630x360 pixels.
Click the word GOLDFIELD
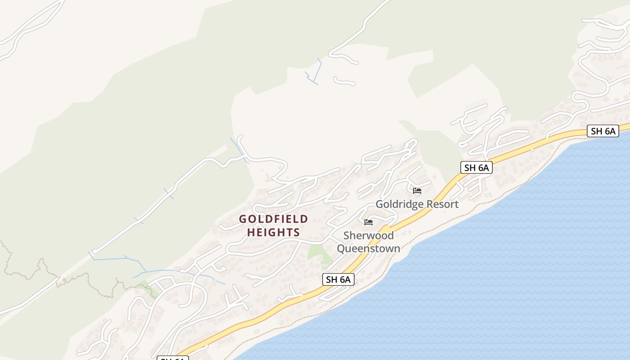click(274, 219)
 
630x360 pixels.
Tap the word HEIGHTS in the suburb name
click(274, 232)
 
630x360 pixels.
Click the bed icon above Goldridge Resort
click(417, 191)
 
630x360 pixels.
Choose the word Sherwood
click(369, 235)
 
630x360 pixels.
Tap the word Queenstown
click(369, 248)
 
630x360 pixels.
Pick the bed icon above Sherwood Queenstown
click(369, 222)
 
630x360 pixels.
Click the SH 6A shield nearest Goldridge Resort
click(477, 168)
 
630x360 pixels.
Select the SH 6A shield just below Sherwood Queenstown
click(338, 279)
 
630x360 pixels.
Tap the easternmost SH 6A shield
click(603, 131)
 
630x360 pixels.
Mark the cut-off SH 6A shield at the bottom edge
click(172, 358)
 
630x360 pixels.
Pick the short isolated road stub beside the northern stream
click(345, 82)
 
